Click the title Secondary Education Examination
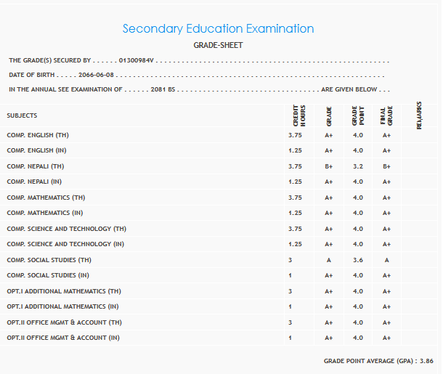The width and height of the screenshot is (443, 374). click(x=218, y=29)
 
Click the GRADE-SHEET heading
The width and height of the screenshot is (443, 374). click(x=218, y=45)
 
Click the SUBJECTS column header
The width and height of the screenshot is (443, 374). click(x=22, y=115)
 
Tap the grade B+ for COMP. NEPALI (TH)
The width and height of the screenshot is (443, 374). click(x=328, y=166)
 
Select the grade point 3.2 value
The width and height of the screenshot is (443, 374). click(x=357, y=166)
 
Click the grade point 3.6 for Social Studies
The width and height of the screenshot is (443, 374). click(x=357, y=260)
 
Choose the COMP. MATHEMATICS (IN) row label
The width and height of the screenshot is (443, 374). click(x=46, y=213)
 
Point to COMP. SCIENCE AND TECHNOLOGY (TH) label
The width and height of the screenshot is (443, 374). click(x=67, y=229)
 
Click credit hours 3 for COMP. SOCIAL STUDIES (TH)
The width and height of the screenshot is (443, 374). click(x=290, y=260)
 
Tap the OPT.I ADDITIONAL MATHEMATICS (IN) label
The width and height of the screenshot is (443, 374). click(x=63, y=306)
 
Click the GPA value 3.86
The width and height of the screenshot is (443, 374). click(x=426, y=361)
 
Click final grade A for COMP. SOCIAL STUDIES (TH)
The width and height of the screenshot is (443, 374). click(x=386, y=260)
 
